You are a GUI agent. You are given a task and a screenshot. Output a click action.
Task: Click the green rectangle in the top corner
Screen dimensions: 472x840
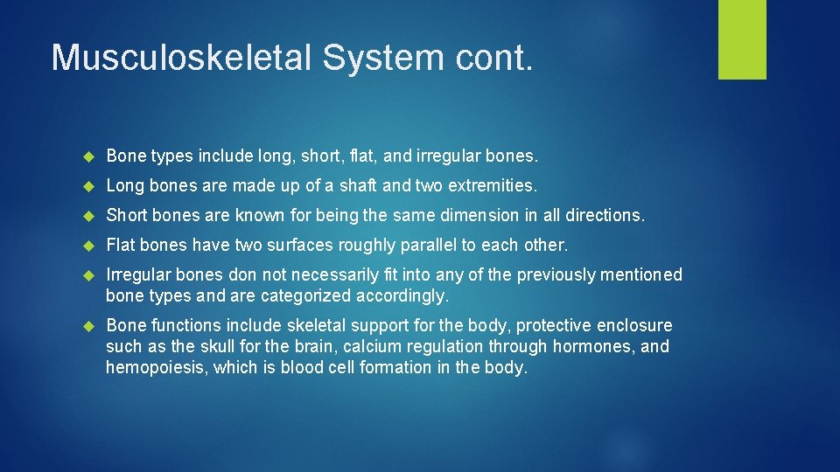pyautogui.click(x=742, y=39)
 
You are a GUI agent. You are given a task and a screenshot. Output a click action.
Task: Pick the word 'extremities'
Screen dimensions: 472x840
pyautogui.click(x=493, y=185)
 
